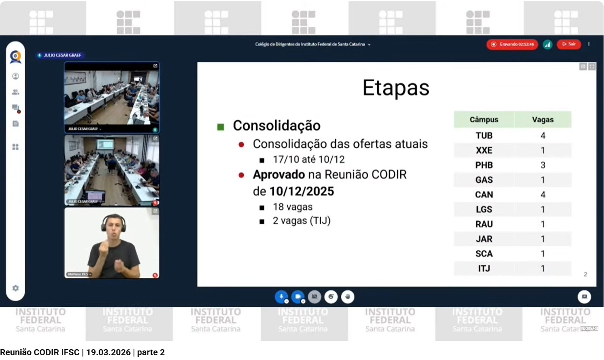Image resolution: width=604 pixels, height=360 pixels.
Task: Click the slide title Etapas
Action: [395, 87]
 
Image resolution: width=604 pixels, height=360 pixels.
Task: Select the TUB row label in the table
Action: [484, 135]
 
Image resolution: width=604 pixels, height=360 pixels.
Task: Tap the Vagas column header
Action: [543, 120]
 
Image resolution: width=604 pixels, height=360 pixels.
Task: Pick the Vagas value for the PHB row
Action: [543, 165]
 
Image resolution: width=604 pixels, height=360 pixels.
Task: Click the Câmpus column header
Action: [484, 120]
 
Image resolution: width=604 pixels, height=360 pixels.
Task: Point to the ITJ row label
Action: [484, 268]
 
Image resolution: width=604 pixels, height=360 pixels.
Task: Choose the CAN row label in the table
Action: [484, 194]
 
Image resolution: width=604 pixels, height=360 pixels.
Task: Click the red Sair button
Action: [569, 44]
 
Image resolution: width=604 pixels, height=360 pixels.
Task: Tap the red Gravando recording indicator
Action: [512, 44]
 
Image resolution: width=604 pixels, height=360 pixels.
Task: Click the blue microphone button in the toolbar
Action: [281, 297]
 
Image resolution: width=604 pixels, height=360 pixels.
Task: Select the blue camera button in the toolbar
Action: [298, 297]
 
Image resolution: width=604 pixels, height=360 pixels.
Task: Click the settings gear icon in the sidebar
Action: [16, 288]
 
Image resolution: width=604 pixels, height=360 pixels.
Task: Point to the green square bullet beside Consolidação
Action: [221, 127]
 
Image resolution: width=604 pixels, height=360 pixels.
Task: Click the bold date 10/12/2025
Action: [302, 191]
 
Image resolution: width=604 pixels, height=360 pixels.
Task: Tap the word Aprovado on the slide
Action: [279, 175]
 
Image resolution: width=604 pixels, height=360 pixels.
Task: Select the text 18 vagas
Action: [292, 207]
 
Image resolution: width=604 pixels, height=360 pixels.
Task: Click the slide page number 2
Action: [585, 274]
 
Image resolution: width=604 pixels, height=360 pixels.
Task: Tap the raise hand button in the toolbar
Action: [347, 297]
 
